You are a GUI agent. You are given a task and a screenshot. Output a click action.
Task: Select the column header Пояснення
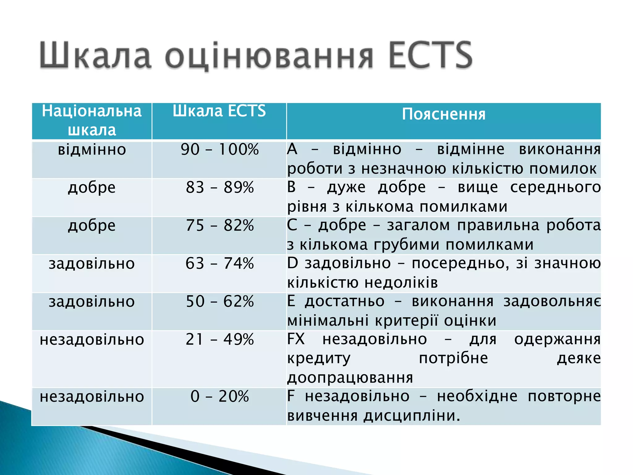444,114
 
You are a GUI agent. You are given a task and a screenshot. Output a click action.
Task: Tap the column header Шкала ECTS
219,111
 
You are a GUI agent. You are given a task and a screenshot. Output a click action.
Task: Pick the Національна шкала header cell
92,120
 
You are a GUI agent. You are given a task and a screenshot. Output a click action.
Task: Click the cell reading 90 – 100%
219,150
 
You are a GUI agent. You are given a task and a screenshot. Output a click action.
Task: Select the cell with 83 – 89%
219,188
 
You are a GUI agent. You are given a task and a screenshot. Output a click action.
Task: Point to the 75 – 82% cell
219,226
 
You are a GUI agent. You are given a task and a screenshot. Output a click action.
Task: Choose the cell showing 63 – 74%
219,264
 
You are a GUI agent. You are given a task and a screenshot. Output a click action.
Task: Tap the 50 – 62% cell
219,302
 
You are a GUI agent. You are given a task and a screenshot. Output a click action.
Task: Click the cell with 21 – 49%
219,340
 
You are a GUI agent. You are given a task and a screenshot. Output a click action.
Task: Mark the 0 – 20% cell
219,396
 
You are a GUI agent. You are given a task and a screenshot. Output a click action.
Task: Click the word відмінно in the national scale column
92,150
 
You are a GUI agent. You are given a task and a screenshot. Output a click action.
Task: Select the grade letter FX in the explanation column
296,339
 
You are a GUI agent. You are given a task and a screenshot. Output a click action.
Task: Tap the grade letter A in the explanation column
292,150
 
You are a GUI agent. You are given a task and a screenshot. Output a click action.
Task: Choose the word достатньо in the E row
345,302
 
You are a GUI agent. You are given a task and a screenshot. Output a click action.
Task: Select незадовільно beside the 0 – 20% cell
92,397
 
